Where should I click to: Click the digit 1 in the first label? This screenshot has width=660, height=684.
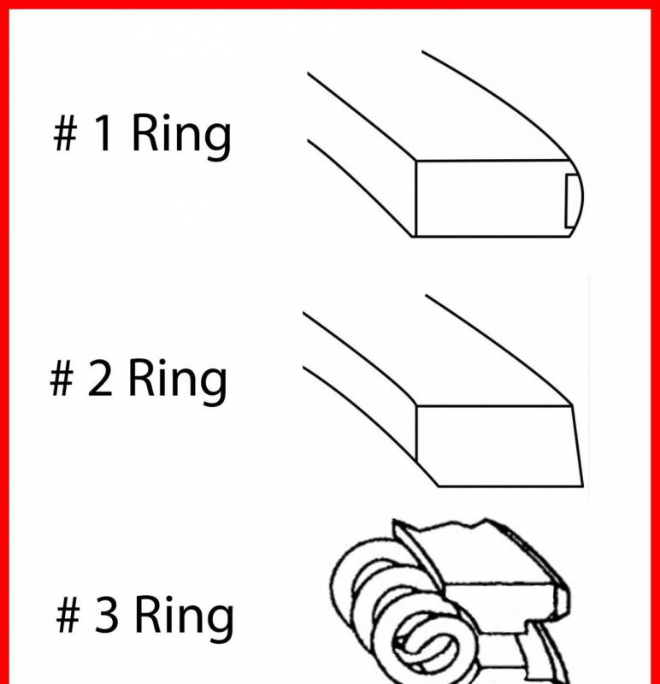coord(103,133)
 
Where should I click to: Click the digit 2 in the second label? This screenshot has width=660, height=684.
coord(100,377)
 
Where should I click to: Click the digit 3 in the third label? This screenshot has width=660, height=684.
coord(106,614)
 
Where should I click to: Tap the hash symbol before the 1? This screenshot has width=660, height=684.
coord(66,134)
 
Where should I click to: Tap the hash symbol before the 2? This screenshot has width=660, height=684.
coord(62,378)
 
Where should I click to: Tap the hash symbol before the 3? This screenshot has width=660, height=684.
coord(68,615)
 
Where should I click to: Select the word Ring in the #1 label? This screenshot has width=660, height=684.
coord(180,136)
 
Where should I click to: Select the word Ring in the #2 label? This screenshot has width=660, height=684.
coord(177,381)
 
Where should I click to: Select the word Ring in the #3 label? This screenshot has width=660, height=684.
coord(184,617)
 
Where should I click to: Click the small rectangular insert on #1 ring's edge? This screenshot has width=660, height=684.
coord(571,201)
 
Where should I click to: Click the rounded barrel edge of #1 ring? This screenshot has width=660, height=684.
coord(577,198)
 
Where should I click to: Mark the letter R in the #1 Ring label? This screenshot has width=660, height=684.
coord(144,133)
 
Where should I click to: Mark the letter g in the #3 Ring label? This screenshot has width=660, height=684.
coord(220,623)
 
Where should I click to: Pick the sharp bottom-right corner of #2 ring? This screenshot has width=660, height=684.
coord(583,486)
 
